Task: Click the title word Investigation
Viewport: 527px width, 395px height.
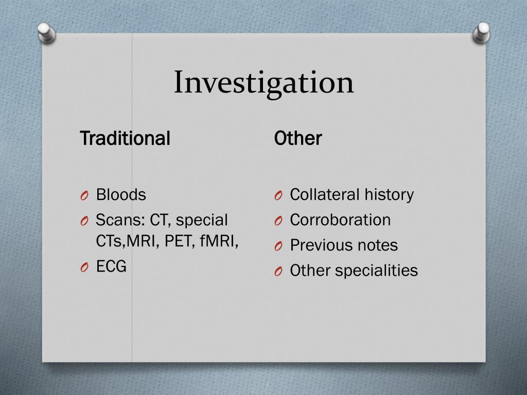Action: (264, 83)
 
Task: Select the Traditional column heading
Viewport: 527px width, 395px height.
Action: (125, 138)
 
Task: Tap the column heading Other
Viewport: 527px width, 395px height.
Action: (298, 138)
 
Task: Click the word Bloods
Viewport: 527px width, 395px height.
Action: (121, 194)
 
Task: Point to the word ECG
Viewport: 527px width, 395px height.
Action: (111, 266)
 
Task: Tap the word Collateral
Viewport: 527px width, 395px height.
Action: (325, 194)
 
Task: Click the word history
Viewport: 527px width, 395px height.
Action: (389, 195)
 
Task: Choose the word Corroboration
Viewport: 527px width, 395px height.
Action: (340, 220)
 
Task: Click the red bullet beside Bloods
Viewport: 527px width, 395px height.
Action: (84, 195)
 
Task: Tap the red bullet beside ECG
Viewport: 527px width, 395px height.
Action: (84, 267)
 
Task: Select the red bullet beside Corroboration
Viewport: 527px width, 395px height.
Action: (278, 221)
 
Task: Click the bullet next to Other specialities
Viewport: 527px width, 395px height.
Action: (278, 272)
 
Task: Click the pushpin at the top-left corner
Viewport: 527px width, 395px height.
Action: (46, 33)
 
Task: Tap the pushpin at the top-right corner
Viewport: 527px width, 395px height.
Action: (482, 33)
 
